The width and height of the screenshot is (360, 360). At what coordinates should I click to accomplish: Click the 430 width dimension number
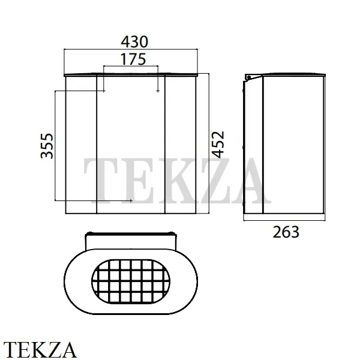pyautogui.click(x=134, y=42)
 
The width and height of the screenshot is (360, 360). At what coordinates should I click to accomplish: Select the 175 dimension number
pyautogui.click(x=133, y=59)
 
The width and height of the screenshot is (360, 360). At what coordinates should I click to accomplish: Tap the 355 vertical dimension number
pyautogui.click(x=47, y=146)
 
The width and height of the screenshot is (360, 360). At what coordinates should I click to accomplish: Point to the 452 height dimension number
pyautogui.click(x=218, y=145)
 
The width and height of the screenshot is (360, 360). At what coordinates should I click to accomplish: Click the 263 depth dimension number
pyautogui.click(x=286, y=232)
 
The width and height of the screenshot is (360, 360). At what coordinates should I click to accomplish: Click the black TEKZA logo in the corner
pyautogui.click(x=40, y=350)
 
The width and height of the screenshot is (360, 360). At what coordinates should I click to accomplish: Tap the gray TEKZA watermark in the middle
pyautogui.click(x=177, y=181)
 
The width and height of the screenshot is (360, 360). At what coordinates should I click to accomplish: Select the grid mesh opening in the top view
pyautogui.click(x=131, y=281)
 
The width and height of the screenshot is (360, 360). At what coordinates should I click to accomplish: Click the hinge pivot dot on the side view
pyautogui.click(x=249, y=77)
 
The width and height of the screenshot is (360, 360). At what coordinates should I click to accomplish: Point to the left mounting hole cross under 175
pyautogui.click(x=104, y=91)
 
